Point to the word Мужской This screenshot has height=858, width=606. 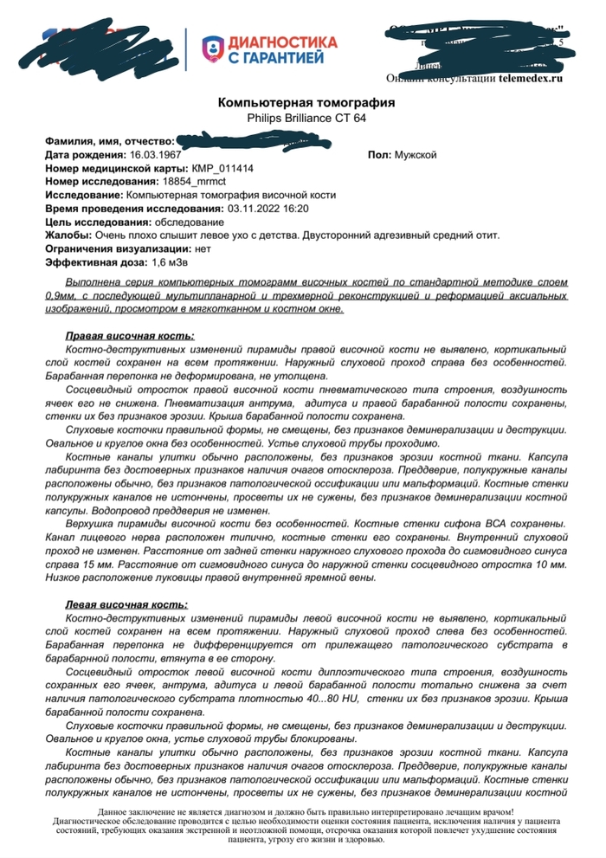pos(416,154)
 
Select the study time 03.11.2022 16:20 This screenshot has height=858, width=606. pos(268,209)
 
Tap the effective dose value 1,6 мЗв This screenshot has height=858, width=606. pos(176,262)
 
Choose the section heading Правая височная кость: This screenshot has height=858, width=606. pos(130,335)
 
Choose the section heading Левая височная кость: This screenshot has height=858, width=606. pos(126,604)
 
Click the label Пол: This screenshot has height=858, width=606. pos(379,154)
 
